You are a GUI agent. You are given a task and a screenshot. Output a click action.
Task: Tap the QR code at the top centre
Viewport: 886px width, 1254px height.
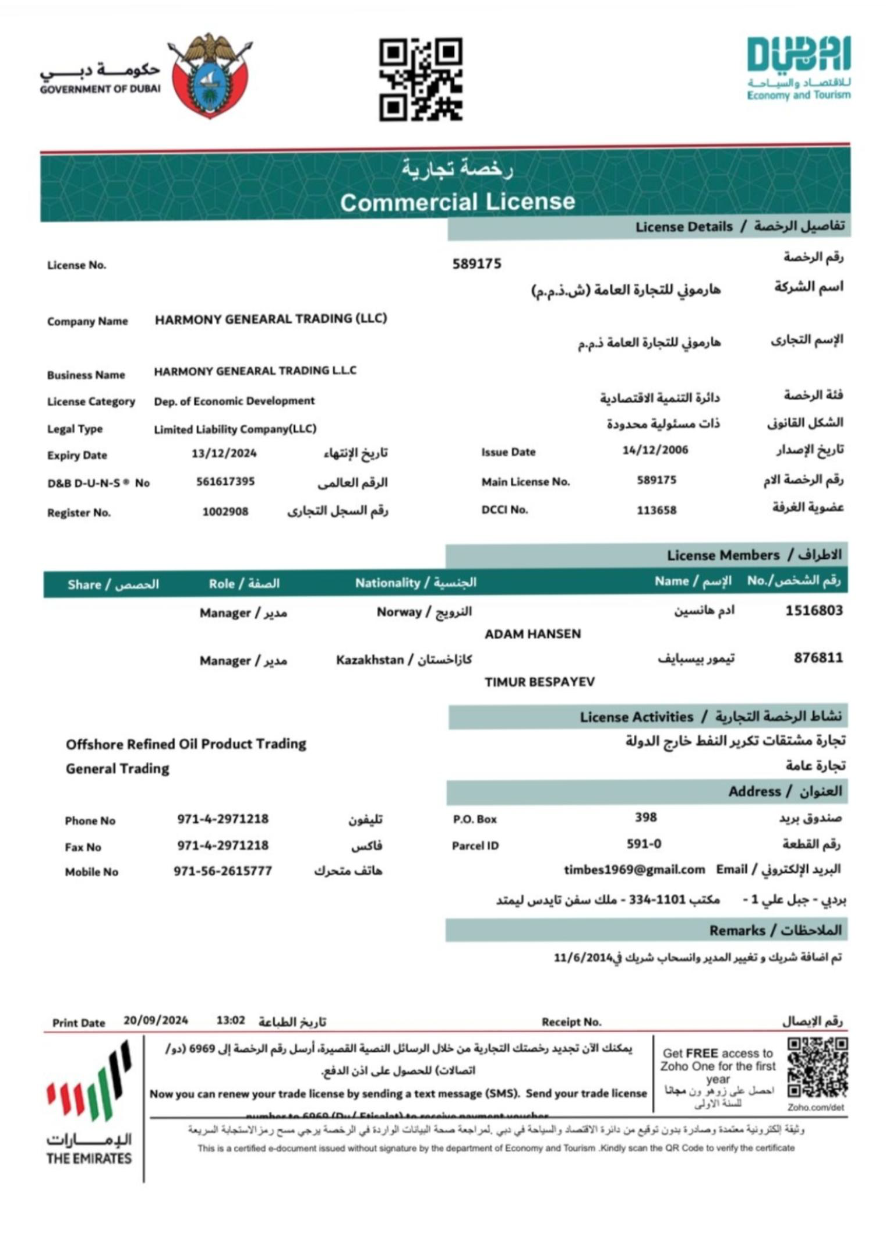point(421,79)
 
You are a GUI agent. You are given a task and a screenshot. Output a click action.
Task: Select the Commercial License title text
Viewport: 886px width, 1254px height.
point(457,202)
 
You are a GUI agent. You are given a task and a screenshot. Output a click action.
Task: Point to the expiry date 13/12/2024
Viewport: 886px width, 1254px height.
point(224,453)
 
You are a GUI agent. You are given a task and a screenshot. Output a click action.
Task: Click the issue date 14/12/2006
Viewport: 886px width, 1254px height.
point(655,450)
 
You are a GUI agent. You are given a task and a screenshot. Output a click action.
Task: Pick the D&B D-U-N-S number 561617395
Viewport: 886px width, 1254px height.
point(225,482)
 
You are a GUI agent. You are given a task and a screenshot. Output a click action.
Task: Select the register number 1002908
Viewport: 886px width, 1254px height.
point(225,512)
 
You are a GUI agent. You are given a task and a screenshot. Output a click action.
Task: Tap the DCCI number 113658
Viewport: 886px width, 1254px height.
point(656,510)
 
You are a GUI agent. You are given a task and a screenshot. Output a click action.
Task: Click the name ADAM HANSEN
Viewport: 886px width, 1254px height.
point(532,634)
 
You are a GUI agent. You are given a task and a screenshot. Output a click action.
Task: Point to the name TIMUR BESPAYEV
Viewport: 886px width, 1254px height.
point(539,682)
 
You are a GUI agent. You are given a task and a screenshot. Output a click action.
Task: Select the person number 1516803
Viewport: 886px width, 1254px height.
point(814,611)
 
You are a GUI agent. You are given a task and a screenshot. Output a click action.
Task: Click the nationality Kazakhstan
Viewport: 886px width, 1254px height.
point(370,660)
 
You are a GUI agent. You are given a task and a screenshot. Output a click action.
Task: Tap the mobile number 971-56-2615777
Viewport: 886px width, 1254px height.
point(223,871)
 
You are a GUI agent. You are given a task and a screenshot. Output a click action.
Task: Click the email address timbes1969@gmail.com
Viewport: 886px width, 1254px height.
point(634,870)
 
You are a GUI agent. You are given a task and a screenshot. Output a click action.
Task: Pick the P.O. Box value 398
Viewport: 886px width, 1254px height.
point(646,818)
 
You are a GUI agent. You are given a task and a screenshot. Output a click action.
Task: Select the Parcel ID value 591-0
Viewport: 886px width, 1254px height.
point(644,844)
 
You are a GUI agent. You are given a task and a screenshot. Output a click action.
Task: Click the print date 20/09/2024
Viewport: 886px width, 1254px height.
point(156,1020)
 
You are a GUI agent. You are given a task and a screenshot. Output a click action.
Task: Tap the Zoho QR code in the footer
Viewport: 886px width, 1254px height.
point(817,1068)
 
